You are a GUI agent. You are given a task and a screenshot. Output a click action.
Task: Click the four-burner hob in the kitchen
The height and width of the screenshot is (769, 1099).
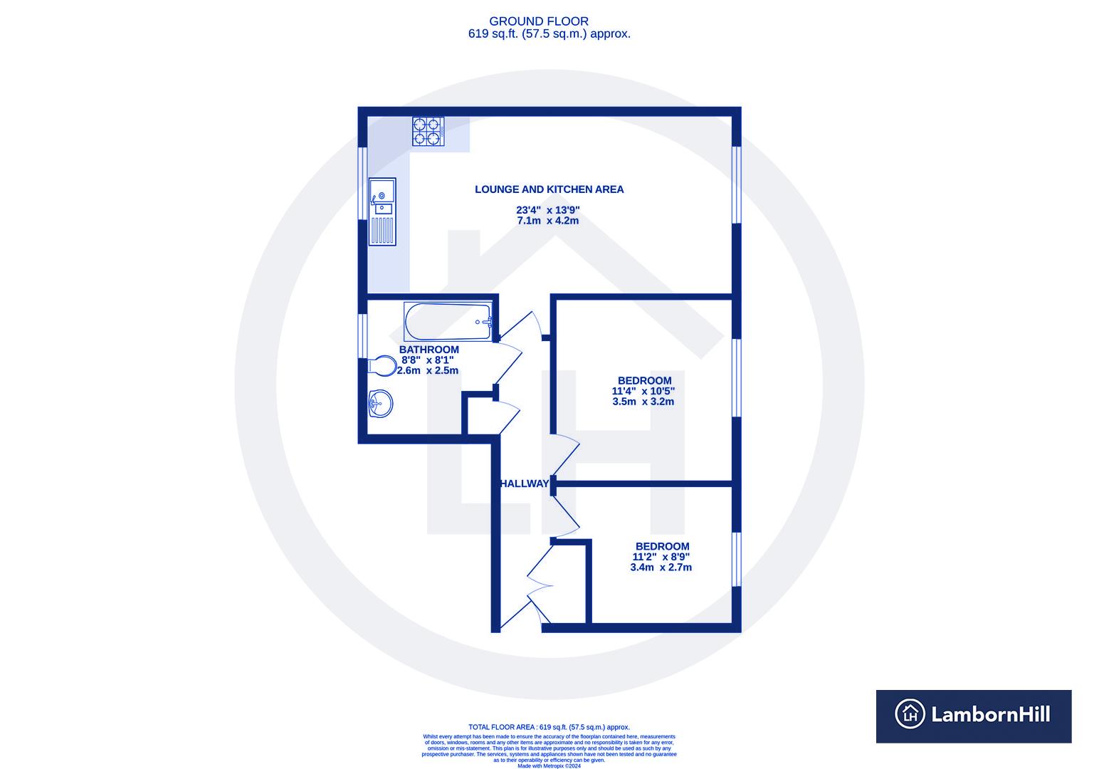coord(428,132)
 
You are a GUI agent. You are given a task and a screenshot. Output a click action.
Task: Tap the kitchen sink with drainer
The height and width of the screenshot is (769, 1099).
coord(382,211)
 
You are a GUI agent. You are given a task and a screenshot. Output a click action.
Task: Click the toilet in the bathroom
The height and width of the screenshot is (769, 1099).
coord(382,366)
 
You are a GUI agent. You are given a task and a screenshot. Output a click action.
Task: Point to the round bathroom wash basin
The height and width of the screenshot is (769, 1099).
coord(381,404)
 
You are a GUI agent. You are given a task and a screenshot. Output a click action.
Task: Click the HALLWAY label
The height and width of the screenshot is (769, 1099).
coord(525,483)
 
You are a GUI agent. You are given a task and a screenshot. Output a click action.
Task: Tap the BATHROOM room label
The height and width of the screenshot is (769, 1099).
coord(428,350)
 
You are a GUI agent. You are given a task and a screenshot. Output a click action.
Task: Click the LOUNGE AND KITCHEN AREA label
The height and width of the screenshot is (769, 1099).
coord(549,189)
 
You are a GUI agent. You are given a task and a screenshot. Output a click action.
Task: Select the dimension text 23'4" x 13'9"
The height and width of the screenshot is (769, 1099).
coord(549,210)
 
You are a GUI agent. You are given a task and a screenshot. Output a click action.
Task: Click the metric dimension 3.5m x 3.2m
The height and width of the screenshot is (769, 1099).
coord(643,402)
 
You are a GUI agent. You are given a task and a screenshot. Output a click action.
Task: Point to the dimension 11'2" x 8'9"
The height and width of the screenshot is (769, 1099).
coord(661,557)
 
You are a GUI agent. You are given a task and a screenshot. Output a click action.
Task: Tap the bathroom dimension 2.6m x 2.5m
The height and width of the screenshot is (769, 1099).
coord(428,370)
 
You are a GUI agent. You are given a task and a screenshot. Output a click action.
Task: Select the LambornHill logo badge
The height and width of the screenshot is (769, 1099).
coord(973,716)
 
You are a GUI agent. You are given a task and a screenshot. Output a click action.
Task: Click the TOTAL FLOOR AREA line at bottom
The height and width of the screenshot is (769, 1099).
coord(549,727)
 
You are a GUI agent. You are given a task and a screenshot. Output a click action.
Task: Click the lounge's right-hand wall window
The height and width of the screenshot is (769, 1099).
coord(737,185)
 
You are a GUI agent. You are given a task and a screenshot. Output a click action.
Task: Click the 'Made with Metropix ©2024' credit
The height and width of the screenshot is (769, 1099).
coord(549,766)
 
